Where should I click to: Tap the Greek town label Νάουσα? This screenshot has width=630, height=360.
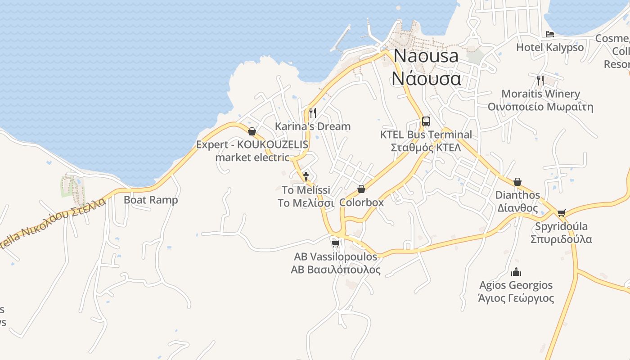(x=426, y=78)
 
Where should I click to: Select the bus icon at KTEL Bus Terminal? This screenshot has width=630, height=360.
(x=426, y=121)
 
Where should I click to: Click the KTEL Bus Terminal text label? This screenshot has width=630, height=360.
(x=426, y=135)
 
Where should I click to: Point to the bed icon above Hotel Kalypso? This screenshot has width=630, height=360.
(x=549, y=34)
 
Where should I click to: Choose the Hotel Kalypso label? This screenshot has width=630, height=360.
(x=549, y=47)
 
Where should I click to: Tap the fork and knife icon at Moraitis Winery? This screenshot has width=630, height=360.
(x=540, y=81)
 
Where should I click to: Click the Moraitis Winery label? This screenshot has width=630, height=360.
(x=540, y=94)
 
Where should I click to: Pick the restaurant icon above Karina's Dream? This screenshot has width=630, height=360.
(x=313, y=112)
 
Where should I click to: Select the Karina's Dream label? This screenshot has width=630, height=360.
(x=313, y=126)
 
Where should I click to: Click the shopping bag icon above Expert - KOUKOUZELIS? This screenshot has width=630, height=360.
(x=252, y=131)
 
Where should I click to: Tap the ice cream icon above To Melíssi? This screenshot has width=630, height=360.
(x=306, y=176)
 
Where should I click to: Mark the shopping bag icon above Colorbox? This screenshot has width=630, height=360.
(x=361, y=189)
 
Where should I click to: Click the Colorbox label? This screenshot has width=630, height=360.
(x=361, y=202)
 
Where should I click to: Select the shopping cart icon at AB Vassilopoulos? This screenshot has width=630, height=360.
(x=335, y=243)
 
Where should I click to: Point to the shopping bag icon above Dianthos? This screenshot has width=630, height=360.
(x=517, y=182)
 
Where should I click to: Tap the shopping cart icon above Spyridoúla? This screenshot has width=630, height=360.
(x=561, y=213)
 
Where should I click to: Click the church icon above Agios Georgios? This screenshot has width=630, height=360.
(x=516, y=272)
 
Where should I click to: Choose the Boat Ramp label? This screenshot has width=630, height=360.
(x=151, y=200)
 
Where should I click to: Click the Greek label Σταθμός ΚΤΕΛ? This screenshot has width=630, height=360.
(x=426, y=148)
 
